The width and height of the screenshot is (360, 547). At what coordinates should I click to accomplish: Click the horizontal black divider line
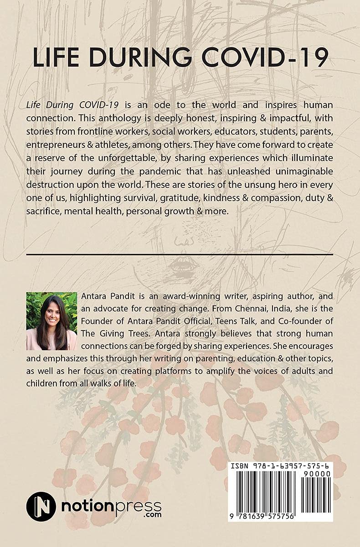pyautogui.click(x=180, y=254)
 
